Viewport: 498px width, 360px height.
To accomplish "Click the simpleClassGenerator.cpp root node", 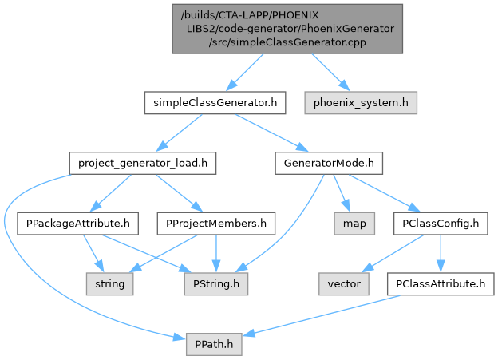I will click(x=292, y=28).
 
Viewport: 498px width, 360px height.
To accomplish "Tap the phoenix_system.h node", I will click(x=361, y=102).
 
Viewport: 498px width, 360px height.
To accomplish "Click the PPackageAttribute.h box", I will click(x=73, y=223).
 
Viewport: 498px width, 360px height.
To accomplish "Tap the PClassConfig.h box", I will click(x=440, y=223).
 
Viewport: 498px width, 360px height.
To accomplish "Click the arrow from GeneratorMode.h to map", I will click(x=342, y=193).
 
